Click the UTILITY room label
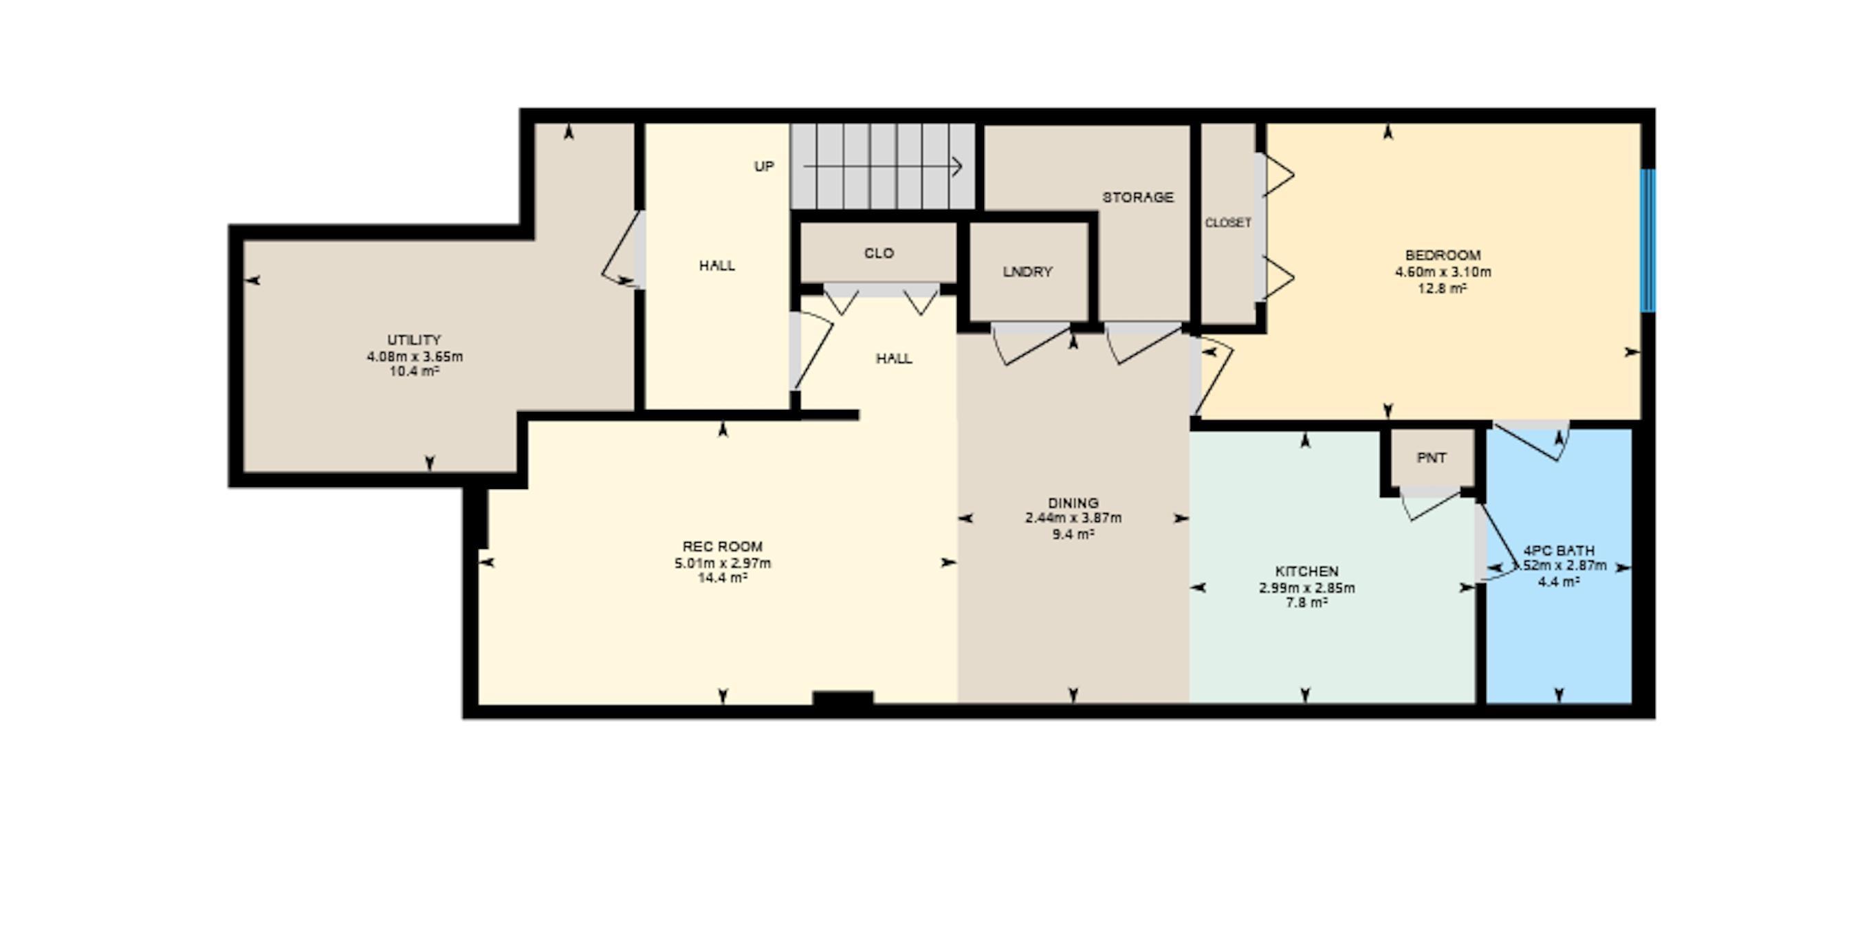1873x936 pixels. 414,340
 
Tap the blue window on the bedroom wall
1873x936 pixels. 1647,240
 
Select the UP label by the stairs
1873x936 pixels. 763,166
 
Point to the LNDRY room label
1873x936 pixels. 1027,272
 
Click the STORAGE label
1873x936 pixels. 1137,197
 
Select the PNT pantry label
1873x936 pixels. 1431,458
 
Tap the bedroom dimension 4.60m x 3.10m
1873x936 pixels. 1443,272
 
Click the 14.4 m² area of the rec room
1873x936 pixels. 722,578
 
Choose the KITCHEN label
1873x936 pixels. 1306,572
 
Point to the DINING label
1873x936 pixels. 1073,503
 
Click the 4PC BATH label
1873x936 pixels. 1559,551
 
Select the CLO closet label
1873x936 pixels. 878,253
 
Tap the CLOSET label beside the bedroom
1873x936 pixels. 1228,223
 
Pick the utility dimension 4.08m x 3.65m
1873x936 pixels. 415,356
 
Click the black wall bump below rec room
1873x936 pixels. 842,698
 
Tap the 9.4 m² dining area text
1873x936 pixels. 1073,534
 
